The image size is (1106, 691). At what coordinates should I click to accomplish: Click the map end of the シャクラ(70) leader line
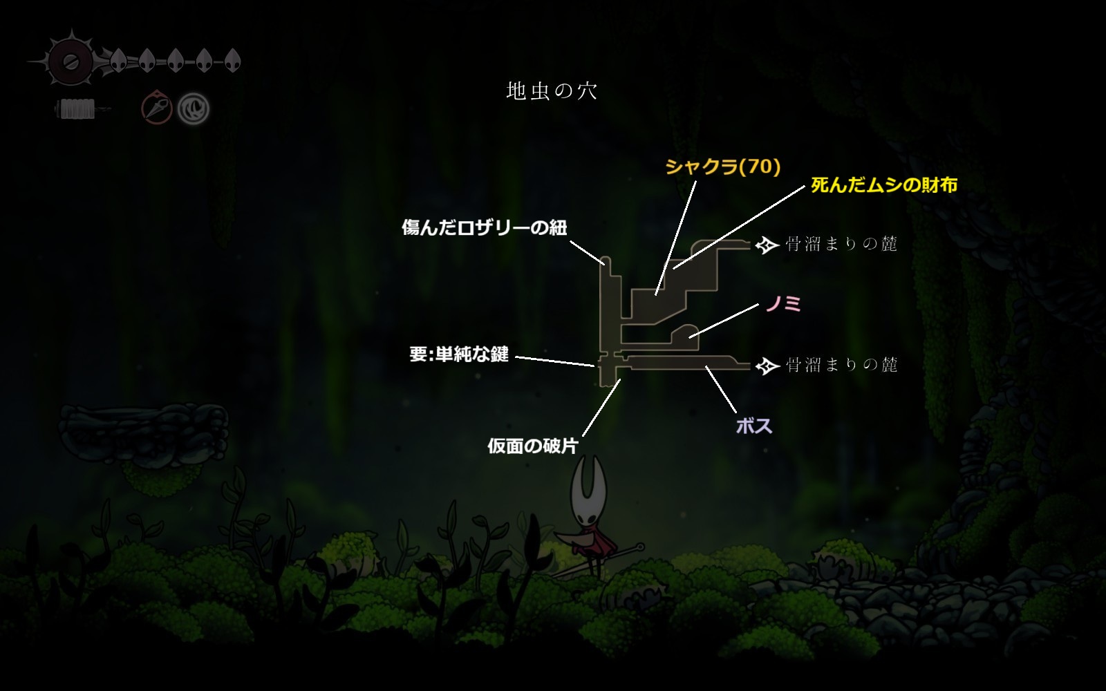656,294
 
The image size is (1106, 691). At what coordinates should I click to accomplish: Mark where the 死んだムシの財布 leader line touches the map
674,269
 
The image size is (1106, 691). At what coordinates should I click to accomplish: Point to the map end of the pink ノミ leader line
690,338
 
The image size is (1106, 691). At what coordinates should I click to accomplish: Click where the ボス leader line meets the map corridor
706,367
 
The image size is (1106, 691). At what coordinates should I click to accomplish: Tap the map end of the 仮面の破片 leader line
620,379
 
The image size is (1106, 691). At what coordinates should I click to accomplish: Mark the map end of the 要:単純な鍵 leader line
594,366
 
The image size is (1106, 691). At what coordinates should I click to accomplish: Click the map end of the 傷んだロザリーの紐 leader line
604,264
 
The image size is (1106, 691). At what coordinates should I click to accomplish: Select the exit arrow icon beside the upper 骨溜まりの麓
767,245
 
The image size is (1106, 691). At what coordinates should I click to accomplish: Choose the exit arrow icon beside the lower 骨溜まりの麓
767,366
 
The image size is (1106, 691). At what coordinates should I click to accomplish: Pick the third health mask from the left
176,61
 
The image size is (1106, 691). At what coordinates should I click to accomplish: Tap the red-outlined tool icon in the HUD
156,107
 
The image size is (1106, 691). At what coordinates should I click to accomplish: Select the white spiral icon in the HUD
193,108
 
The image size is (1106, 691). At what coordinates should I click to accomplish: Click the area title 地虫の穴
552,91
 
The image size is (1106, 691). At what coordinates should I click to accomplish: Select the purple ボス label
754,426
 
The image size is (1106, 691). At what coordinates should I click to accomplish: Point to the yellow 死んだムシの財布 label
884,185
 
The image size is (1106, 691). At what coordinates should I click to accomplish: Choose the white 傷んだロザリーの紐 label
485,227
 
